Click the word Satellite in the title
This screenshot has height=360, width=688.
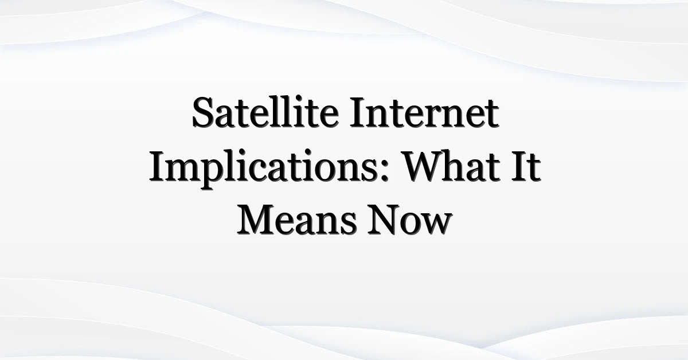click(265, 112)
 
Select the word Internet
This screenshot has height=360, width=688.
click(424, 112)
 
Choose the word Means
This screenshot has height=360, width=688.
click(297, 220)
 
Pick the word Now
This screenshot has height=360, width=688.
click(410, 220)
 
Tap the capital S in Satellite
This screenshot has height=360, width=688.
click(204, 112)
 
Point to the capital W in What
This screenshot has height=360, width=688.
click(425, 166)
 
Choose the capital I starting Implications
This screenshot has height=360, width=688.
click(158, 166)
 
